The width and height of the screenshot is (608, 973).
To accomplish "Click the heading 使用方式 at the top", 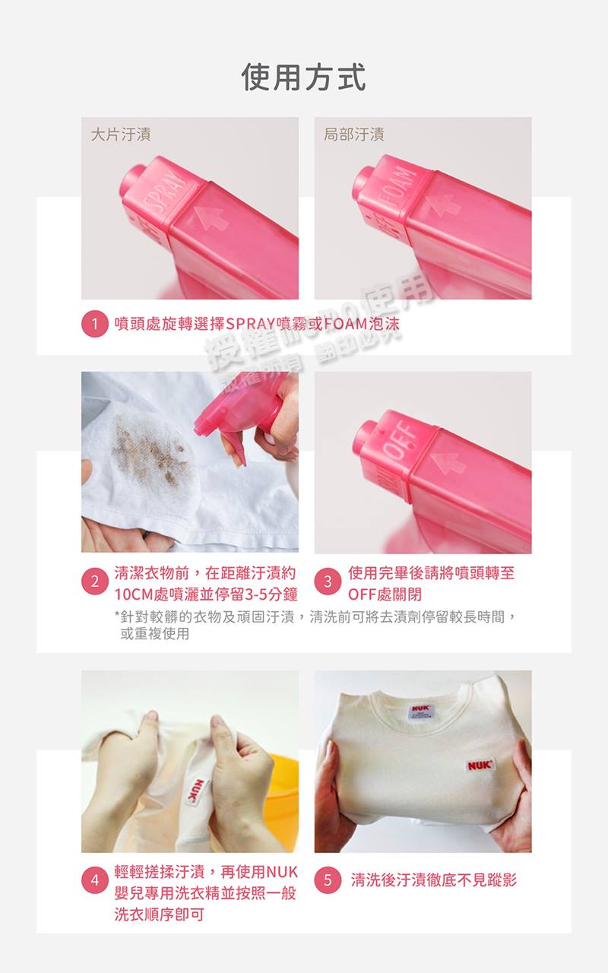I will point(303,77).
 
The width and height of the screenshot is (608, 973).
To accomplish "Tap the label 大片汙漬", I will point(120,135).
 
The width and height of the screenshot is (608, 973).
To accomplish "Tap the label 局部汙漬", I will point(353,135).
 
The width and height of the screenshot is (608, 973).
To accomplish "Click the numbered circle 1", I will point(94,325).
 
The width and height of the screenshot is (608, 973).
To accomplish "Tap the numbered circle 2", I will point(94,583).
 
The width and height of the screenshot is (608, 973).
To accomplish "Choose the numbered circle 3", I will point(328,583).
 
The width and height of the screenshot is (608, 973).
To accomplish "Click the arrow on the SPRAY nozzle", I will point(211,216).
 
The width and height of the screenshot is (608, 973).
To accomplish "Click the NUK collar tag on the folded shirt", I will point(421,708).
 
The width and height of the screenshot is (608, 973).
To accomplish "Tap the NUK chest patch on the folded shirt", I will point(480,765).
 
